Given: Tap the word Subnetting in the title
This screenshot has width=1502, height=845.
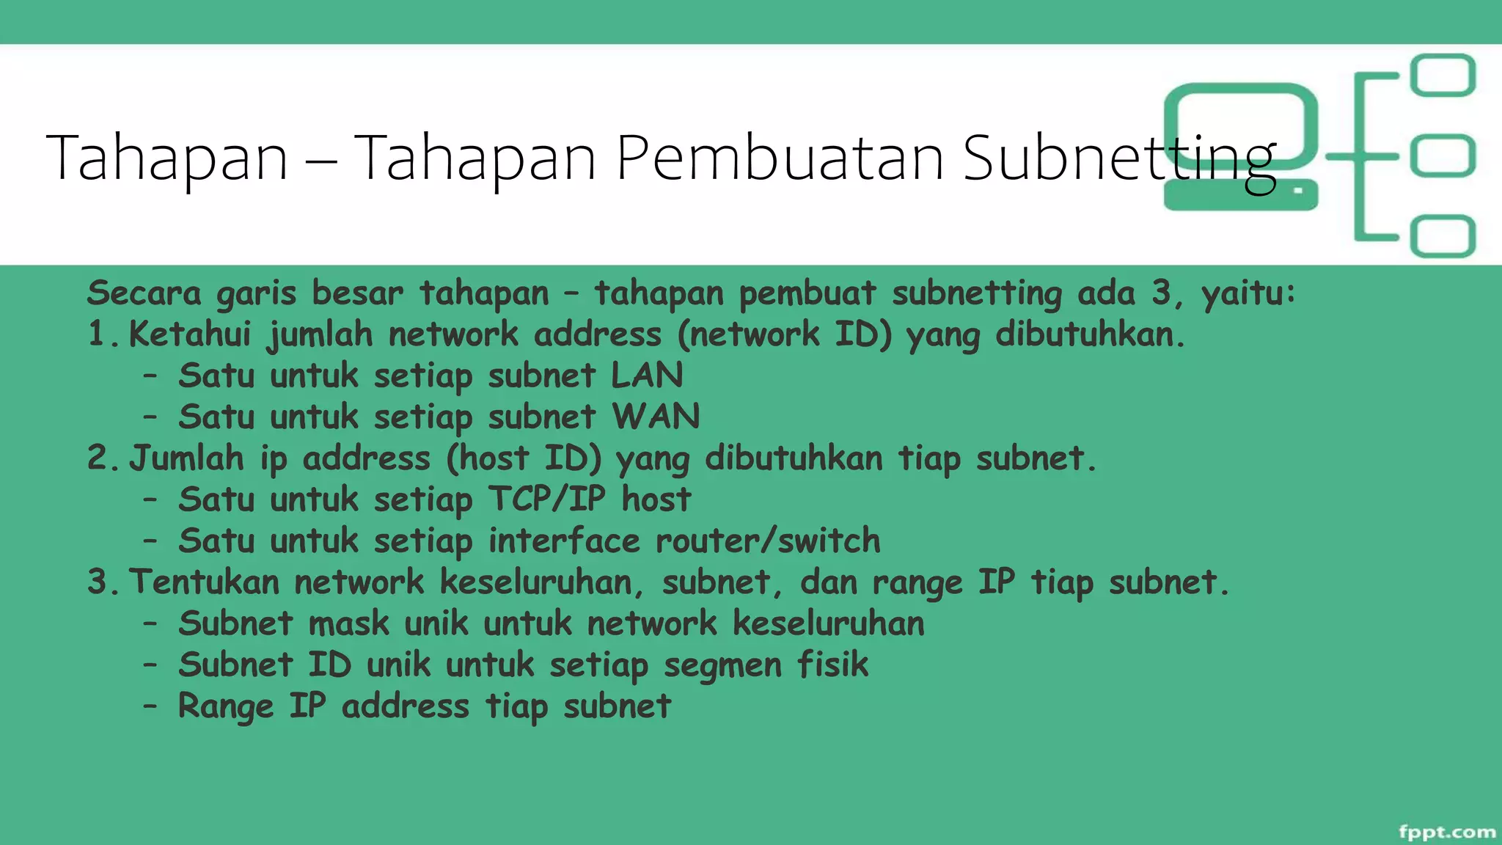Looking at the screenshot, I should point(1119,159).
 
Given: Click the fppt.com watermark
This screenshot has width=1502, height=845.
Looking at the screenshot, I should point(1446,831).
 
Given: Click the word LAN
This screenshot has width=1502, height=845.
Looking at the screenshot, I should point(647,375).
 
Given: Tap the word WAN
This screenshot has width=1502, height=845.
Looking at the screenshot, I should point(656,417).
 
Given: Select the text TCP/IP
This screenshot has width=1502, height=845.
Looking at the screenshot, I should point(547,499).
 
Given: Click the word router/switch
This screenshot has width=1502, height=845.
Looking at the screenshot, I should point(767,541).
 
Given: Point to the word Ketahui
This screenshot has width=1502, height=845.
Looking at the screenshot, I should point(190,334).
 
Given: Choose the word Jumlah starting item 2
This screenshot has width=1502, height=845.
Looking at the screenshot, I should point(186,458).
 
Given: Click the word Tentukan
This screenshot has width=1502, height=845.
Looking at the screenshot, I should point(205,582).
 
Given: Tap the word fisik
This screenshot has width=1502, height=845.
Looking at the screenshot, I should point(832,665).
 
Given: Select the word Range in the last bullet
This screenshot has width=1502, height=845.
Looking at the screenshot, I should point(225,706).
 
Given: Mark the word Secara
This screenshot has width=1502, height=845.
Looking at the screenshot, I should point(144,293).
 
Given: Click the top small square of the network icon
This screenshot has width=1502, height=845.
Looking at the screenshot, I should point(1443,76).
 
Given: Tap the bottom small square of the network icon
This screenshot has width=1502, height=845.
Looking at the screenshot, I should point(1443,236).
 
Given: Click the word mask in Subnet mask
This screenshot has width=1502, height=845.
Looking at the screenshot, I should point(348,623).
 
